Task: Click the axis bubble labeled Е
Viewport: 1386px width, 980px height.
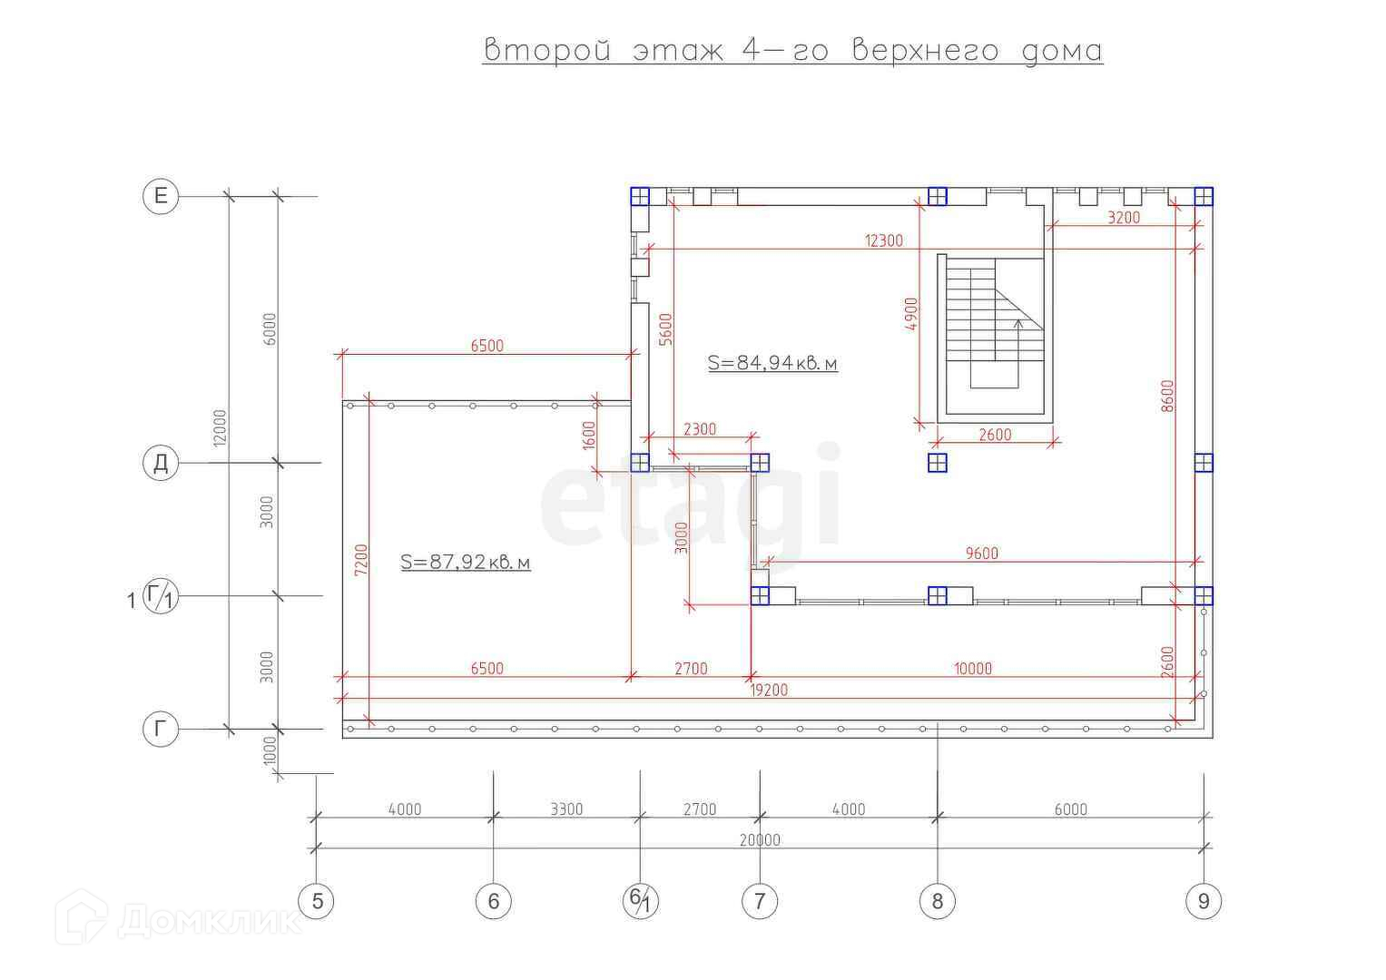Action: pyautogui.click(x=161, y=196)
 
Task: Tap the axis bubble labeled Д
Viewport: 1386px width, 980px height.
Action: pyautogui.click(x=161, y=463)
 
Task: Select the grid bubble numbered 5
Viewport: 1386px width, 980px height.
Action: pyautogui.click(x=317, y=901)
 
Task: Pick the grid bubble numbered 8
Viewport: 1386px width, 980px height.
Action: pyautogui.click(x=938, y=901)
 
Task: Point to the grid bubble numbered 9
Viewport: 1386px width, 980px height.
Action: pyautogui.click(x=1204, y=901)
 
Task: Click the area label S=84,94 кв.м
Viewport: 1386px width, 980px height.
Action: pyautogui.click(x=772, y=363)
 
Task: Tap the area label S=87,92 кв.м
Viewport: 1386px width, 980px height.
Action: pyautogui.click(x=466, y=563)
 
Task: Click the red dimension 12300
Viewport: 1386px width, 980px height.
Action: pyautogui.click(x=884, y=240)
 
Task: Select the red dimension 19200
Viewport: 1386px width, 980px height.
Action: pyautogui.click(x=769, y=690)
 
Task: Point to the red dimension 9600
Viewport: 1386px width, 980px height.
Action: pyautogui.click(x=981, y=553)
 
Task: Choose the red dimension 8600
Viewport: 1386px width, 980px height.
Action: pyautogui.click(x=1168, y=396)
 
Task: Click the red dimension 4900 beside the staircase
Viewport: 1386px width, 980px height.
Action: pyautogui.click(x=912, y=314)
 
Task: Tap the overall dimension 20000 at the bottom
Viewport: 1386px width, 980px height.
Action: pyautogui.click(x=760, y=839)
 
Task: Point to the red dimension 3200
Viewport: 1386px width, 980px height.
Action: pyautogui.click(x=1124, y=218)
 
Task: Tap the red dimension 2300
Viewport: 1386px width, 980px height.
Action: pyautogui.click(x=699, y=429)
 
